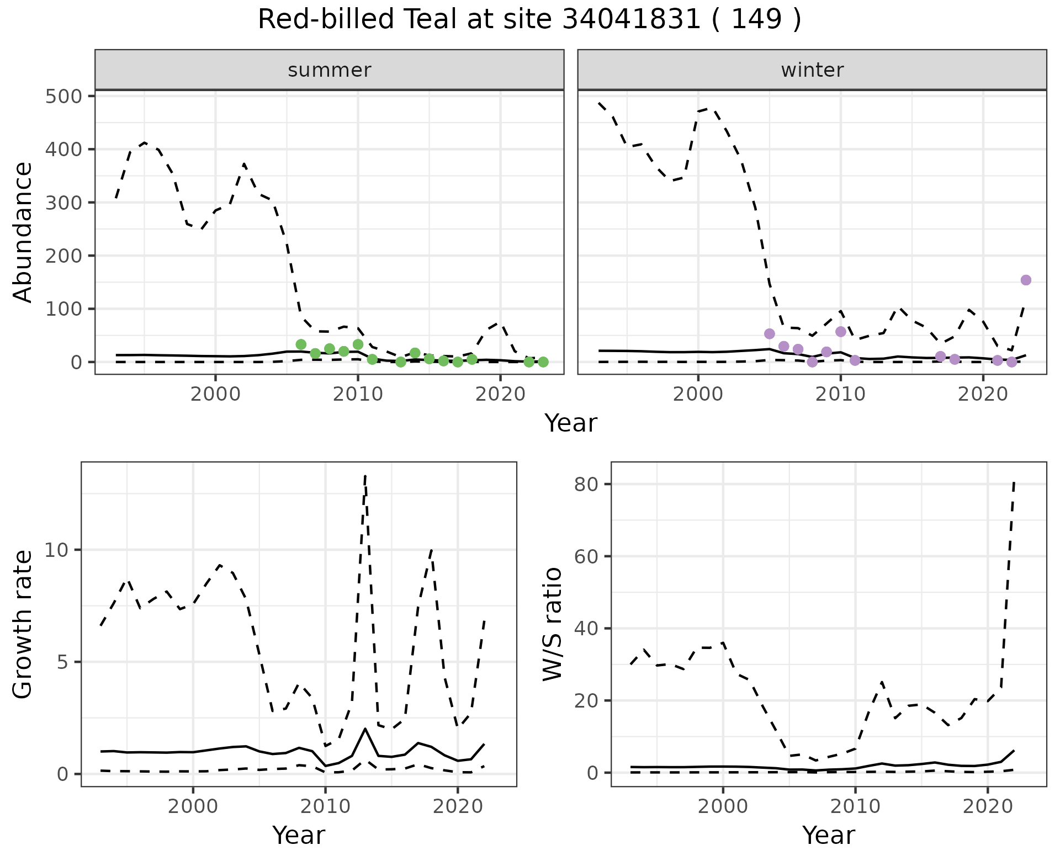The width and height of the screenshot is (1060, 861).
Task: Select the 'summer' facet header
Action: pos(330,70)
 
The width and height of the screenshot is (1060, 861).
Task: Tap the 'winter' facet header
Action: pos(812,70)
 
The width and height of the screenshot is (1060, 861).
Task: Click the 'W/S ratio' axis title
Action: pos(552,624)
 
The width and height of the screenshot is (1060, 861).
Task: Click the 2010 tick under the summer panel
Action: pos(358,395)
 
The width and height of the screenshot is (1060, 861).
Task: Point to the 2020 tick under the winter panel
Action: pos(983,395)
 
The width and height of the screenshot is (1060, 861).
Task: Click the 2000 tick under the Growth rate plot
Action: pos(193,806)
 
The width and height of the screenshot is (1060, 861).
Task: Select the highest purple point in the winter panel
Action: pos(1026,280)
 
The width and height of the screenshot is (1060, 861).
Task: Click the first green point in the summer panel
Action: pos(301,344)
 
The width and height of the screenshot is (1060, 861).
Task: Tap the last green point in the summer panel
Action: pos(543,362)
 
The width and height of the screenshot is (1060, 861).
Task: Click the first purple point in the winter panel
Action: pos(770,333)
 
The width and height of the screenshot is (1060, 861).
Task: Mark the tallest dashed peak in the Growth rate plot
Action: pos(365,475)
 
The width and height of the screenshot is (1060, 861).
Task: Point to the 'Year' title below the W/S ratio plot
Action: pos(829,835)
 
